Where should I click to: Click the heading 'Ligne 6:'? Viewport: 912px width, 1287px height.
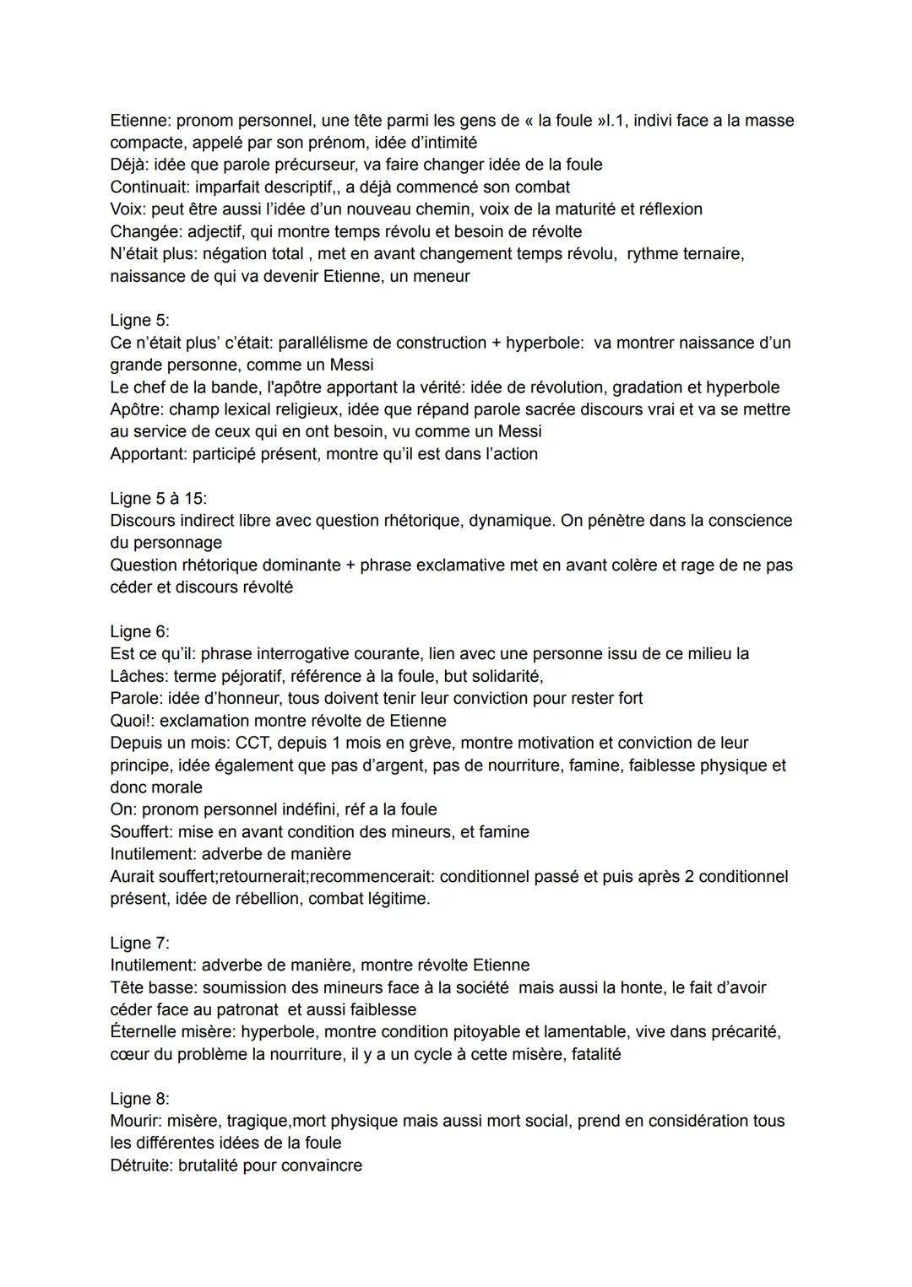point(139,631)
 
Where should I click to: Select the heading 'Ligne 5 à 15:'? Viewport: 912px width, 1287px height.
point(159,498)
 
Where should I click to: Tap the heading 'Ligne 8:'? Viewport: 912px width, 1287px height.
point(139,1099)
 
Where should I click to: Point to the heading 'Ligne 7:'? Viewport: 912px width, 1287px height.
point(139,943)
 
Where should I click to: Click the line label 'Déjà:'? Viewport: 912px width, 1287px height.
point(129,165)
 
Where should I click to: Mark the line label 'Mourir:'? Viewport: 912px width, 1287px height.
point(136,1121)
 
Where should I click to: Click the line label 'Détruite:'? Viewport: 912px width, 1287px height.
point(142,1165)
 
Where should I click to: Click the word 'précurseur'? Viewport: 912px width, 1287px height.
point(306,165)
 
